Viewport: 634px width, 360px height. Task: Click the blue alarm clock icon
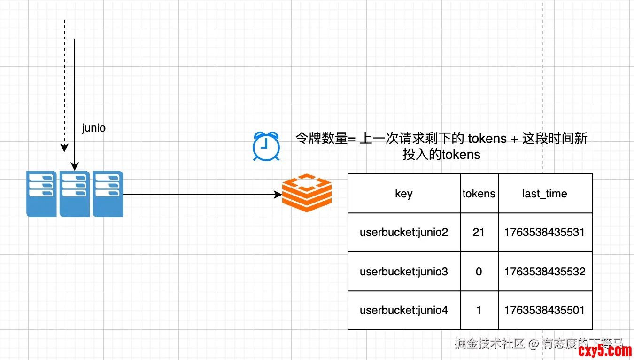click(x=266, y=146)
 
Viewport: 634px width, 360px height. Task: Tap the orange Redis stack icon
click(x=307, y=193)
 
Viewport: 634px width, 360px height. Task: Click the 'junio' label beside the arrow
click(x=94, y=128)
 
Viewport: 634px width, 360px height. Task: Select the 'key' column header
click(x=404, y=194)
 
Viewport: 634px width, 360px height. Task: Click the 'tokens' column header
click(x=479, y=194)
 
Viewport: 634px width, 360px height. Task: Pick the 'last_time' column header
click(x=545, y=194)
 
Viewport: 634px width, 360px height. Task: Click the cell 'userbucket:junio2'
click(x=404, y=232)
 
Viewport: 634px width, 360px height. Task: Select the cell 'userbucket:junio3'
click(x=404, y=271)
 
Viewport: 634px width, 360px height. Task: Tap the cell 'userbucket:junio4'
click(x=404, y=310)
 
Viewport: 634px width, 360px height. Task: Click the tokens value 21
click(x=479, y=232)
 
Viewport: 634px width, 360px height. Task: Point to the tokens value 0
click(x=479, y=271)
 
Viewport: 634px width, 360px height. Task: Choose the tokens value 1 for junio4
click(x=479, y=310)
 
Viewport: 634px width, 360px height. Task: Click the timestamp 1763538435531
click(x=545, y=232)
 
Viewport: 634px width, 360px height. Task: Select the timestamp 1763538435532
click(x=545, y=271)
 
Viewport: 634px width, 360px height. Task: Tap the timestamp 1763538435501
click(x=545, y=310)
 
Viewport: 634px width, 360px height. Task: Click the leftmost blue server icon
click(x=41, y=194)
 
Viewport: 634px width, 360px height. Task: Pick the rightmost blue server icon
click(x=108, y=194)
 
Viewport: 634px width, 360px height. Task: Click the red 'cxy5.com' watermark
click(x=605, y=351)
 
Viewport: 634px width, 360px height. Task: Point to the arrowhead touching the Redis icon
click(x=278, y=194)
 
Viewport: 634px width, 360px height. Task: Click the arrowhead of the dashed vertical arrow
click(x=64, y=149)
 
